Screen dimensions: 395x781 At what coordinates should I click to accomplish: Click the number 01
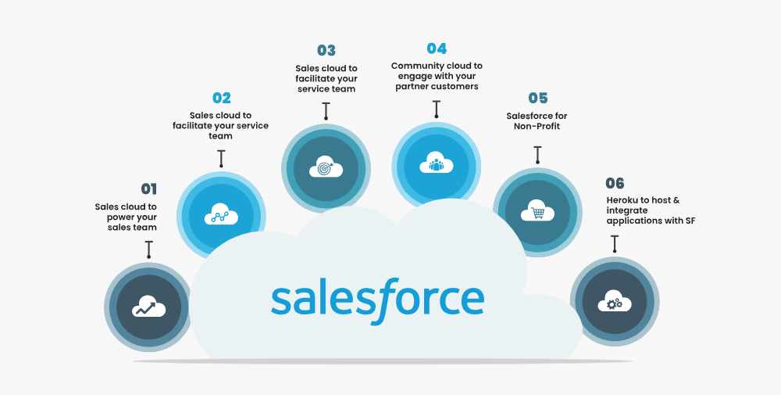click(148, 189)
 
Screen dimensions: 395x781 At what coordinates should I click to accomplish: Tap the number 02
click(222, 98)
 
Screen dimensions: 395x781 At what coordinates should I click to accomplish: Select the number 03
click(326, 51)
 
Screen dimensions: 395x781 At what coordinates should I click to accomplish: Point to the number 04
click(437, 48)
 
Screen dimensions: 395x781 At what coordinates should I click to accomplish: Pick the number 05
click(537, 99)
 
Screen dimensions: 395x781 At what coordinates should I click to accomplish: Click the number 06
click(615, 183)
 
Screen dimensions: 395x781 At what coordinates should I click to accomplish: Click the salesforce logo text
click(377, 299)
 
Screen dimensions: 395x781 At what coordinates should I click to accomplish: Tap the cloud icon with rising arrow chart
click(148, 307)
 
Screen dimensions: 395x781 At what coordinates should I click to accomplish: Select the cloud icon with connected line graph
click(221, 215)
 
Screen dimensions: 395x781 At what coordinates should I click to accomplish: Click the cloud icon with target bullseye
click(326, 167)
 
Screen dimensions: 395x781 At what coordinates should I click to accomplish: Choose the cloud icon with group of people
click(437, 164)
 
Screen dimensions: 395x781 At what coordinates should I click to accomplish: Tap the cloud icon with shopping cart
click(537, 211)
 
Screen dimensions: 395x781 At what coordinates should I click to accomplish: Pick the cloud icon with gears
click(615, 301)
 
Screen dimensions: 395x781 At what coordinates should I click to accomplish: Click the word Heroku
click(623, 200)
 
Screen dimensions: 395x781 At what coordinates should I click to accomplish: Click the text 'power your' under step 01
click(132, 217)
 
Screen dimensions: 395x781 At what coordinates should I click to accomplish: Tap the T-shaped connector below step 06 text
click(615, 242)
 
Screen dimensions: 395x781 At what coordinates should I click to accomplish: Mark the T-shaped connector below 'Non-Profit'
click(537, 154)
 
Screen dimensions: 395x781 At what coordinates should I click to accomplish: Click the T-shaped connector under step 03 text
click(326, 110)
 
